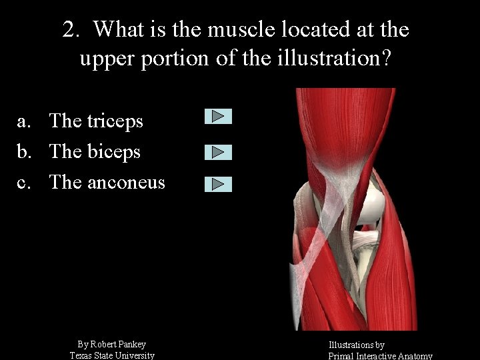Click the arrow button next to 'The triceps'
[218, 117]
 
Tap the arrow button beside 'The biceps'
[218, 152]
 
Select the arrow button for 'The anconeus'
[218, 185]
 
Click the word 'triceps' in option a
[115, 121]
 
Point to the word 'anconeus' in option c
[125, 182]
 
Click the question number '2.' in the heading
[72, 29]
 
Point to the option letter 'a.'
[24, 121]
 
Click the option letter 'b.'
[24, 151]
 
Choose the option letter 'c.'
[24, 182]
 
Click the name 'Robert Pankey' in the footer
[118, 344]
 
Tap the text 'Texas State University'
[112, 355]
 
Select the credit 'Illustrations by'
[356, 345]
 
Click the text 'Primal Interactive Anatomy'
[380, 356]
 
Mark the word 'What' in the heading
[117, 29]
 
